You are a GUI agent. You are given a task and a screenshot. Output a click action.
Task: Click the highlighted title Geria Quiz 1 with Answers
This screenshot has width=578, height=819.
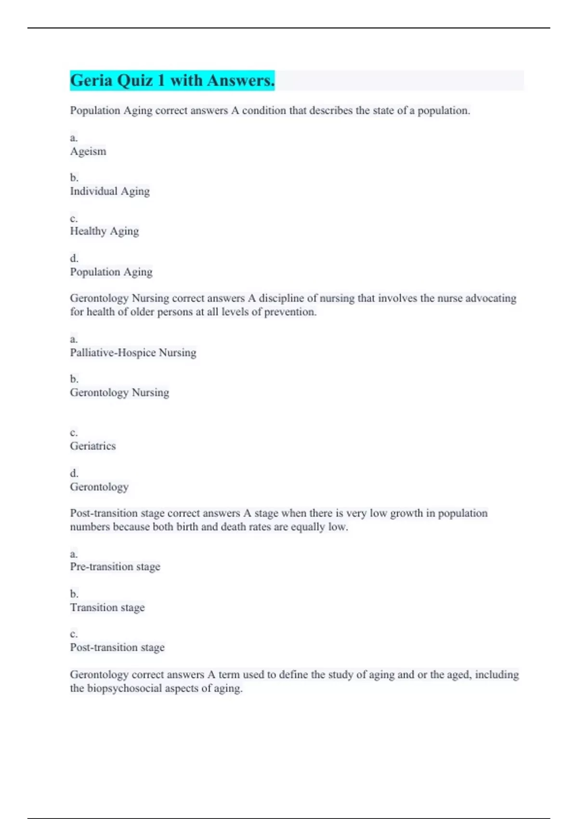pyautogui.click(x=172, y=80)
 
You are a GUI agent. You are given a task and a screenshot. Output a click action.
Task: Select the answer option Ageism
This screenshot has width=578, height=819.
pyautogui.click(x=88, y=151)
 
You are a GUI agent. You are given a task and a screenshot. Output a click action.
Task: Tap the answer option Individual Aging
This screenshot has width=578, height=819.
pyautogui.click(x=110, y=191)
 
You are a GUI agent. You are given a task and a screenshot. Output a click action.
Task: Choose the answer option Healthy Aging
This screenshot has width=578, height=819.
pyautogui.click(x=105, y=231)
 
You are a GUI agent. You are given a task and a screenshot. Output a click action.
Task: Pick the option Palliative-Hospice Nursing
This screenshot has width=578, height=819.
pyautogui.click(x=133, y=353)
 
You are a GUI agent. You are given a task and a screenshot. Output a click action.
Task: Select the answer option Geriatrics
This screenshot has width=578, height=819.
pyautogui.click(x=93, y=446)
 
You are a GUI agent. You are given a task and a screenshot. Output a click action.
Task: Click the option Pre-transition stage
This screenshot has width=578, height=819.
pyautogui.click(x=115, y=567)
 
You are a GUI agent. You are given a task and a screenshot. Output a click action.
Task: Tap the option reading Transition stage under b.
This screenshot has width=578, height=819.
pyautogui.click(x=107, y=608)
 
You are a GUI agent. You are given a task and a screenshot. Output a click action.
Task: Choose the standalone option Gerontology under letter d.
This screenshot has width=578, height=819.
pyautogui.click(x=99, y=487)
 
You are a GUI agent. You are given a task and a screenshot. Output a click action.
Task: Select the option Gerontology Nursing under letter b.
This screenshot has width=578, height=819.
pyautogui.click(x=119, y=393)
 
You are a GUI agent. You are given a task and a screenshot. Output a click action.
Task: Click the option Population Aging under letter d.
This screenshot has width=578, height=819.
pyautogui.click(x=111, y=272)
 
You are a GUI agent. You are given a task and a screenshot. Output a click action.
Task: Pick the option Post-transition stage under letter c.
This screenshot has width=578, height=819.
pyautogui.click(x=117, y=647)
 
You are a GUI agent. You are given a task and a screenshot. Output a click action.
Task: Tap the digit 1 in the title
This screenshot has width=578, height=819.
pyautogui.click(x=161, y=80)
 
